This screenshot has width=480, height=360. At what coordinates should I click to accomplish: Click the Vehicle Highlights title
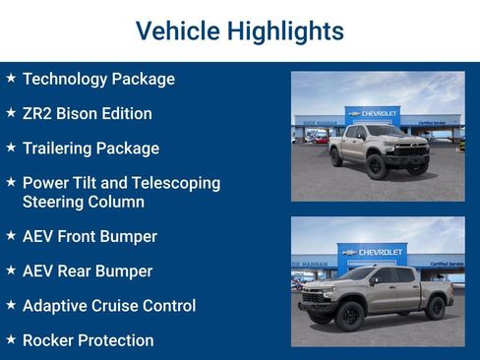point(239,30)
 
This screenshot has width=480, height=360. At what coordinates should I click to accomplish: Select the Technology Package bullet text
point(98,79)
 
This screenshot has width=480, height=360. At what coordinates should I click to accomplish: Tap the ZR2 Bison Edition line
point(87,113)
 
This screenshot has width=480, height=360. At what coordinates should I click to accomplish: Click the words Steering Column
point(84,202)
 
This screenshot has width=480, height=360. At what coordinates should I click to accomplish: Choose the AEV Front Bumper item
point(90,236)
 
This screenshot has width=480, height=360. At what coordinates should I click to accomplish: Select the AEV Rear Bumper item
point(88,270)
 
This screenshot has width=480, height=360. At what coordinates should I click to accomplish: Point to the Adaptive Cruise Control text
point(109,306)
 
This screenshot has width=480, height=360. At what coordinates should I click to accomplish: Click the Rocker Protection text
point(88,340)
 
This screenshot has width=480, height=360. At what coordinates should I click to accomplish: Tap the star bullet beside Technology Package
point(10,78)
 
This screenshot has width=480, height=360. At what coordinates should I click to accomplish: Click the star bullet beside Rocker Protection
point(10,339)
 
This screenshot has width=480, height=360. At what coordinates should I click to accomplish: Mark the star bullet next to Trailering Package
point(10,148)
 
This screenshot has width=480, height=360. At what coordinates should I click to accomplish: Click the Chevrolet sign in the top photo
point(373,113)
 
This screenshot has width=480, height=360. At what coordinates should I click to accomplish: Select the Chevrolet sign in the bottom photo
point(373,252)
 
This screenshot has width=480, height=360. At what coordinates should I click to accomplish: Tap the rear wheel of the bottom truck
point(435,308)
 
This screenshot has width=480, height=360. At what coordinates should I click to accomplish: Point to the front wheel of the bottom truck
point(348,314)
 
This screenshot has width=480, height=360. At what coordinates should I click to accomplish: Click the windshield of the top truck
point(385,131)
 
